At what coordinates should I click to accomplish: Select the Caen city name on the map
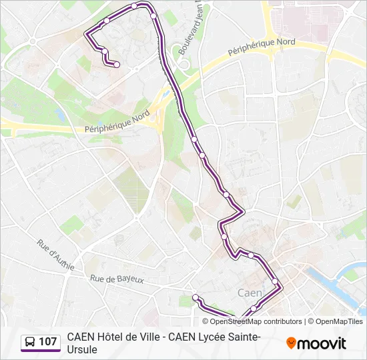250,293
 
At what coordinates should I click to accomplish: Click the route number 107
47,342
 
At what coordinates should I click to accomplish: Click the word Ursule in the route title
82,349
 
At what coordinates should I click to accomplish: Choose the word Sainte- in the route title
242,337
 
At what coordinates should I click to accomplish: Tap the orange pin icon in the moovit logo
291,343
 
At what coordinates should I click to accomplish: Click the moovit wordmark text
322,343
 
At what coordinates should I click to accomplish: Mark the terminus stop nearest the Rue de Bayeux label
196,297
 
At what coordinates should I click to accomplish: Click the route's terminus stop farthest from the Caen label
117,65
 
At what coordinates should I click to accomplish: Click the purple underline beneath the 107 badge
41,351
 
